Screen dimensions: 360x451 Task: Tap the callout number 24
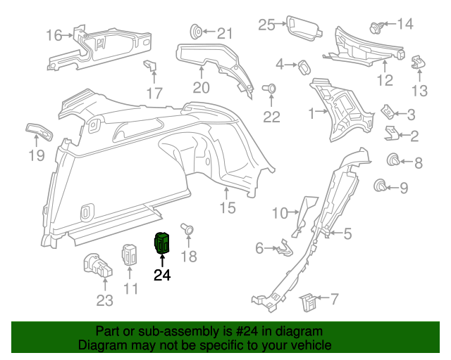click(162, 275)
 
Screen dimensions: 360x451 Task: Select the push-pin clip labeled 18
click(188, 229)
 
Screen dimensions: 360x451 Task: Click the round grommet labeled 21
click(197, 32)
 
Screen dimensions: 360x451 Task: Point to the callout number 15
click(226, 208)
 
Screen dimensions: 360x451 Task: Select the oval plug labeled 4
click(304, 66)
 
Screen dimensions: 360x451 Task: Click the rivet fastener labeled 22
click(269, 89)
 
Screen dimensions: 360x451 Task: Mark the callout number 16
click(54, 34)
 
